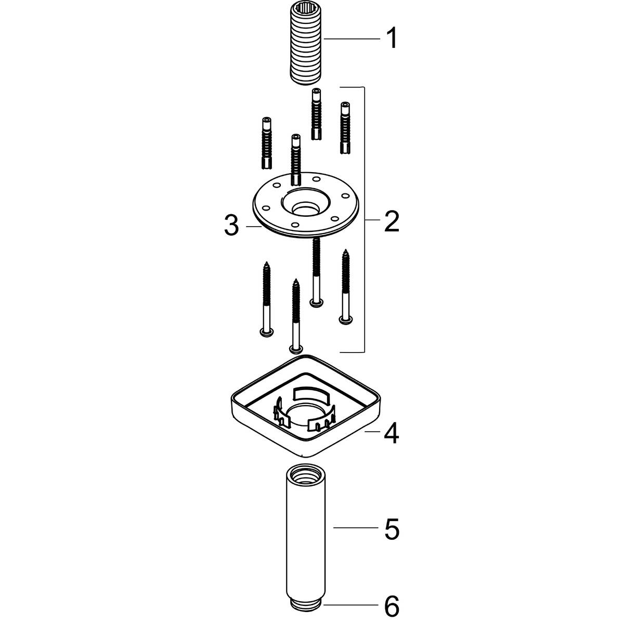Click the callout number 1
click(x=392, y=38)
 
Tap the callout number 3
click(x=231, y=227)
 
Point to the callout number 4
click(x=392, y=433)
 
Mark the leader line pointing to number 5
click(x=354, y=529)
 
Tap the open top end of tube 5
click(x=305, y=474)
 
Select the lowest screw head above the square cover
click(x=296, y=348)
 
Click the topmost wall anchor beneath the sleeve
click(x=316, y=113)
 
